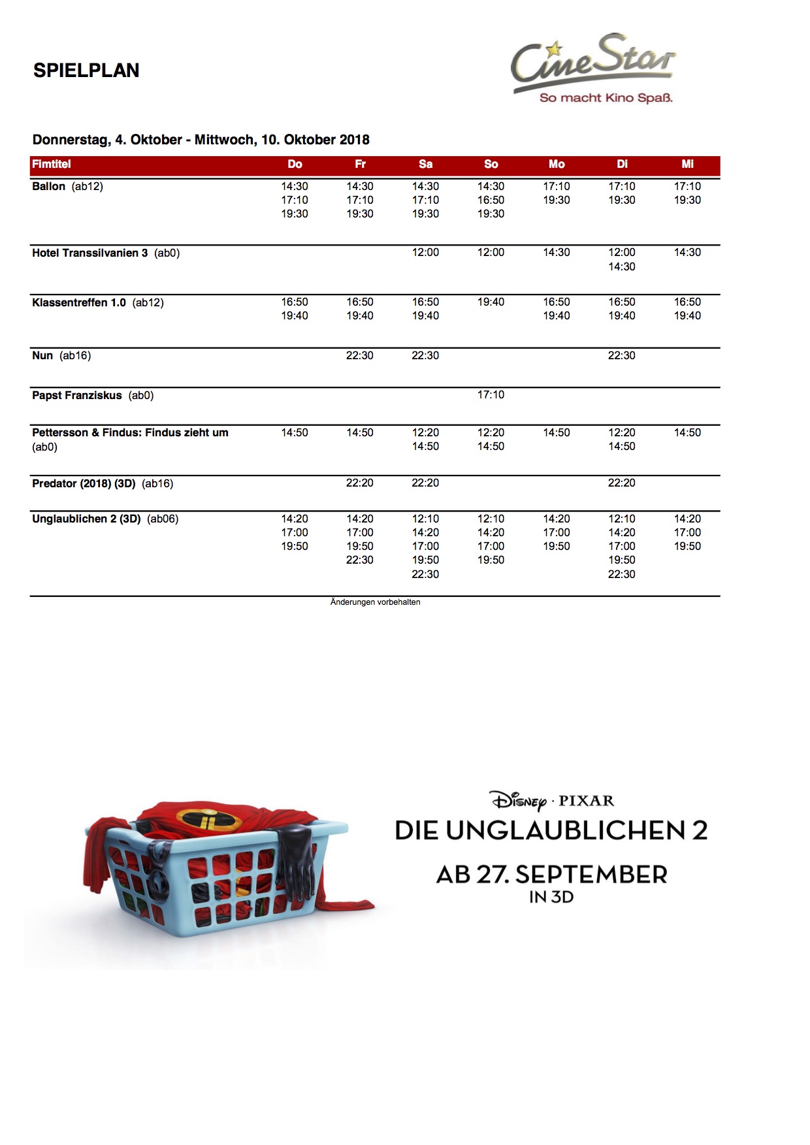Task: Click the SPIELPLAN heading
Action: [86, 71]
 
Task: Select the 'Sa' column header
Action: [425, 165]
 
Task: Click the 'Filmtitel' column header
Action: [52, 165]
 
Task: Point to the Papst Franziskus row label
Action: [77, 396]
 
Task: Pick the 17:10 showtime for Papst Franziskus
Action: [491, 395]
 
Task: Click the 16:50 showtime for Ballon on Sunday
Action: [491, 201]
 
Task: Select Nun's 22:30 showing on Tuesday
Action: [621, 356]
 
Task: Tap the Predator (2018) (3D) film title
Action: [84, 484]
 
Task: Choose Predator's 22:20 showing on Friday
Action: [360, 483]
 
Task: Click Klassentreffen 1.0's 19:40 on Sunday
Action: [491, 302]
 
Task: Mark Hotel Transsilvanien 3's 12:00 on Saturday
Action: [425, 253]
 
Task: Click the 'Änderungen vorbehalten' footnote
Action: [375, 602]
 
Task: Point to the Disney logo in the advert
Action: [519, 801]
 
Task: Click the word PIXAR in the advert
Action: [586, 801]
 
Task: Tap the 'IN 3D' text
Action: [551, 897]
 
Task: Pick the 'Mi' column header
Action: [687, 165]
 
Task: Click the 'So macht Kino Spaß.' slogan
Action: [606, 98]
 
